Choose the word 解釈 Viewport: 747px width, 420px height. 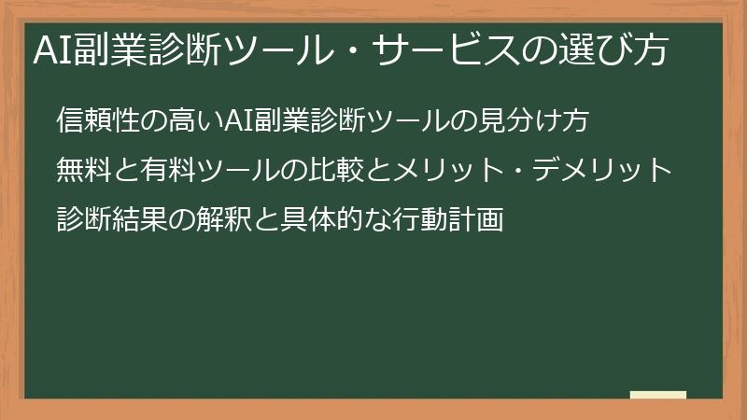click(224, 220)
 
